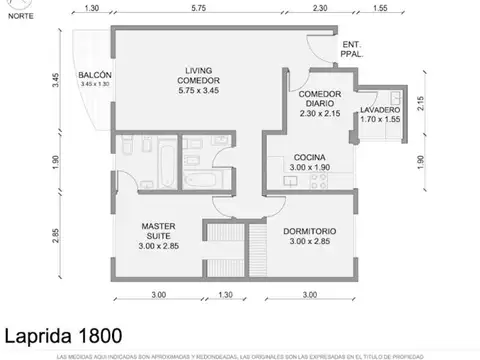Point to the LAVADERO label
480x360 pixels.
[x=380, y=113]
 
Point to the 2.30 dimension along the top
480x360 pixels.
[x=318, y=9]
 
